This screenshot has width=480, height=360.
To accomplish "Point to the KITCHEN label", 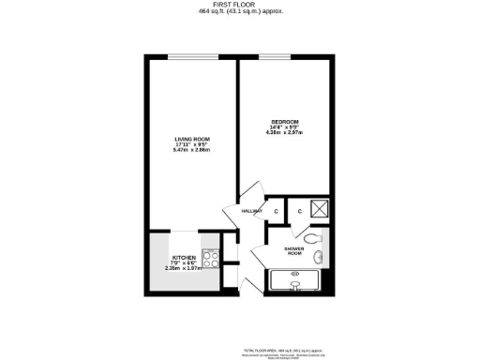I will (x=182, y=257).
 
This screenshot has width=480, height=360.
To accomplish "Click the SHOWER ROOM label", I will (x=293, y=250).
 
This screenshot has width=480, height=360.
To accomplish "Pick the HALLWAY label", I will (x=250, y=212).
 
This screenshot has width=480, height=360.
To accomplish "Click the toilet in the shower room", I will (x=318, y=235).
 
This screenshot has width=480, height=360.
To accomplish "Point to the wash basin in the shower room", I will (x=319, y=256).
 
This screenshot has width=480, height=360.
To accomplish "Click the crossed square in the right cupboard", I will (x=319, y=210).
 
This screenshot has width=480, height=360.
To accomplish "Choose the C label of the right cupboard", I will (x=299, y=212).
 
